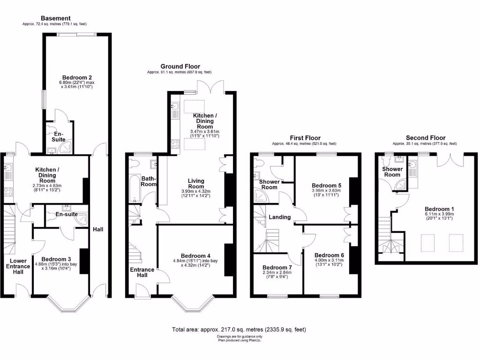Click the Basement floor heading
pyautogui.click(x=55, y=18)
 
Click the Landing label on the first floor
pyautogui.click(x=280, y=217)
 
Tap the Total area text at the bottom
pyautogui.click(x=240, y=330)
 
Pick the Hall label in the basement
pyautogui.click(x=98, y=229)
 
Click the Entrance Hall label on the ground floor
pyautogui.click(x=142, y=273)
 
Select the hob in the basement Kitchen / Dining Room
pyautogui.click(x=8, y=191)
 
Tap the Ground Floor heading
pyautogui.click(x=180, y=67)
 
